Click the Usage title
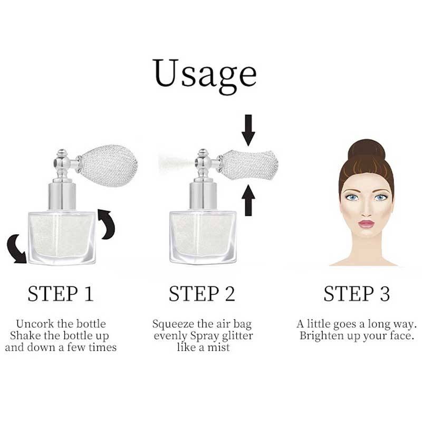point(204,75)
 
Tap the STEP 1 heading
point(61,293)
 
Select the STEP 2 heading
point(202,293)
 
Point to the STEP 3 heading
point(357,293)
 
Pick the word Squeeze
point(173,324)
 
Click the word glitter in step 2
point(237,336)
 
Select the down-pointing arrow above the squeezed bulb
point(248,130)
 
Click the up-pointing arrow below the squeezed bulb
point(248,200)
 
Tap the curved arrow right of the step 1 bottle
point(107,224)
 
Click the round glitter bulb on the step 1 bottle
point(109,166)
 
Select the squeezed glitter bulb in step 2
point(250,165)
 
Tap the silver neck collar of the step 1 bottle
point(62,196)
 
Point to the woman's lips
point(366,224)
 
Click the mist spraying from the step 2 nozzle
point(176,163)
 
